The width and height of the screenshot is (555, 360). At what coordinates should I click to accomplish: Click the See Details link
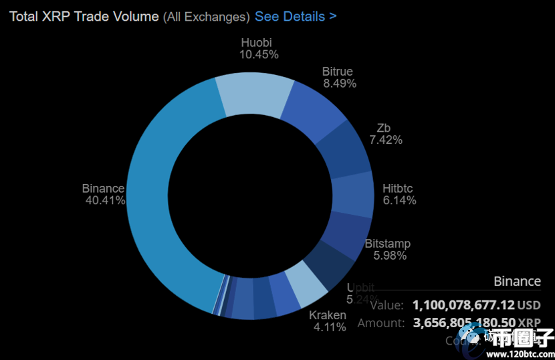(x=296, y=16)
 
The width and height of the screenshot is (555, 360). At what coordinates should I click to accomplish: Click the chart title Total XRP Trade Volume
(x=84, y=16)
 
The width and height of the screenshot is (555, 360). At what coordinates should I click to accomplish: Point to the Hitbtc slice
(x=352, y=193)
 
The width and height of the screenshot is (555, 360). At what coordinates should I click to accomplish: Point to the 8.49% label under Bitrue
(x=340, y=84)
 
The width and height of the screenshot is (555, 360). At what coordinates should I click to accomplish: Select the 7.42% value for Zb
(x=386, y=140)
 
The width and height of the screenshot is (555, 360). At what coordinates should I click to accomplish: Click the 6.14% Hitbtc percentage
(x=399, y=200)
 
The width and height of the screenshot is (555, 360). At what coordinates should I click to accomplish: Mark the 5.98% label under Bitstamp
(x=390, y=255)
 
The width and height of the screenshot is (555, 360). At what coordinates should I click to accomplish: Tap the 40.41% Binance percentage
(x=105, y=200)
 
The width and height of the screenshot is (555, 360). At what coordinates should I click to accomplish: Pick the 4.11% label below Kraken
(x=329, y=327)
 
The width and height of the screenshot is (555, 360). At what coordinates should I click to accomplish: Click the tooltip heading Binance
(x=517, y=281)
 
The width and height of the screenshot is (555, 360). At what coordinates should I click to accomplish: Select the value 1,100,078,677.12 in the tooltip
(x=463, y=305)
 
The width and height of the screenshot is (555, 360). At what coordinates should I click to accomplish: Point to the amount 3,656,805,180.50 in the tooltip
(x=463, y=323)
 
